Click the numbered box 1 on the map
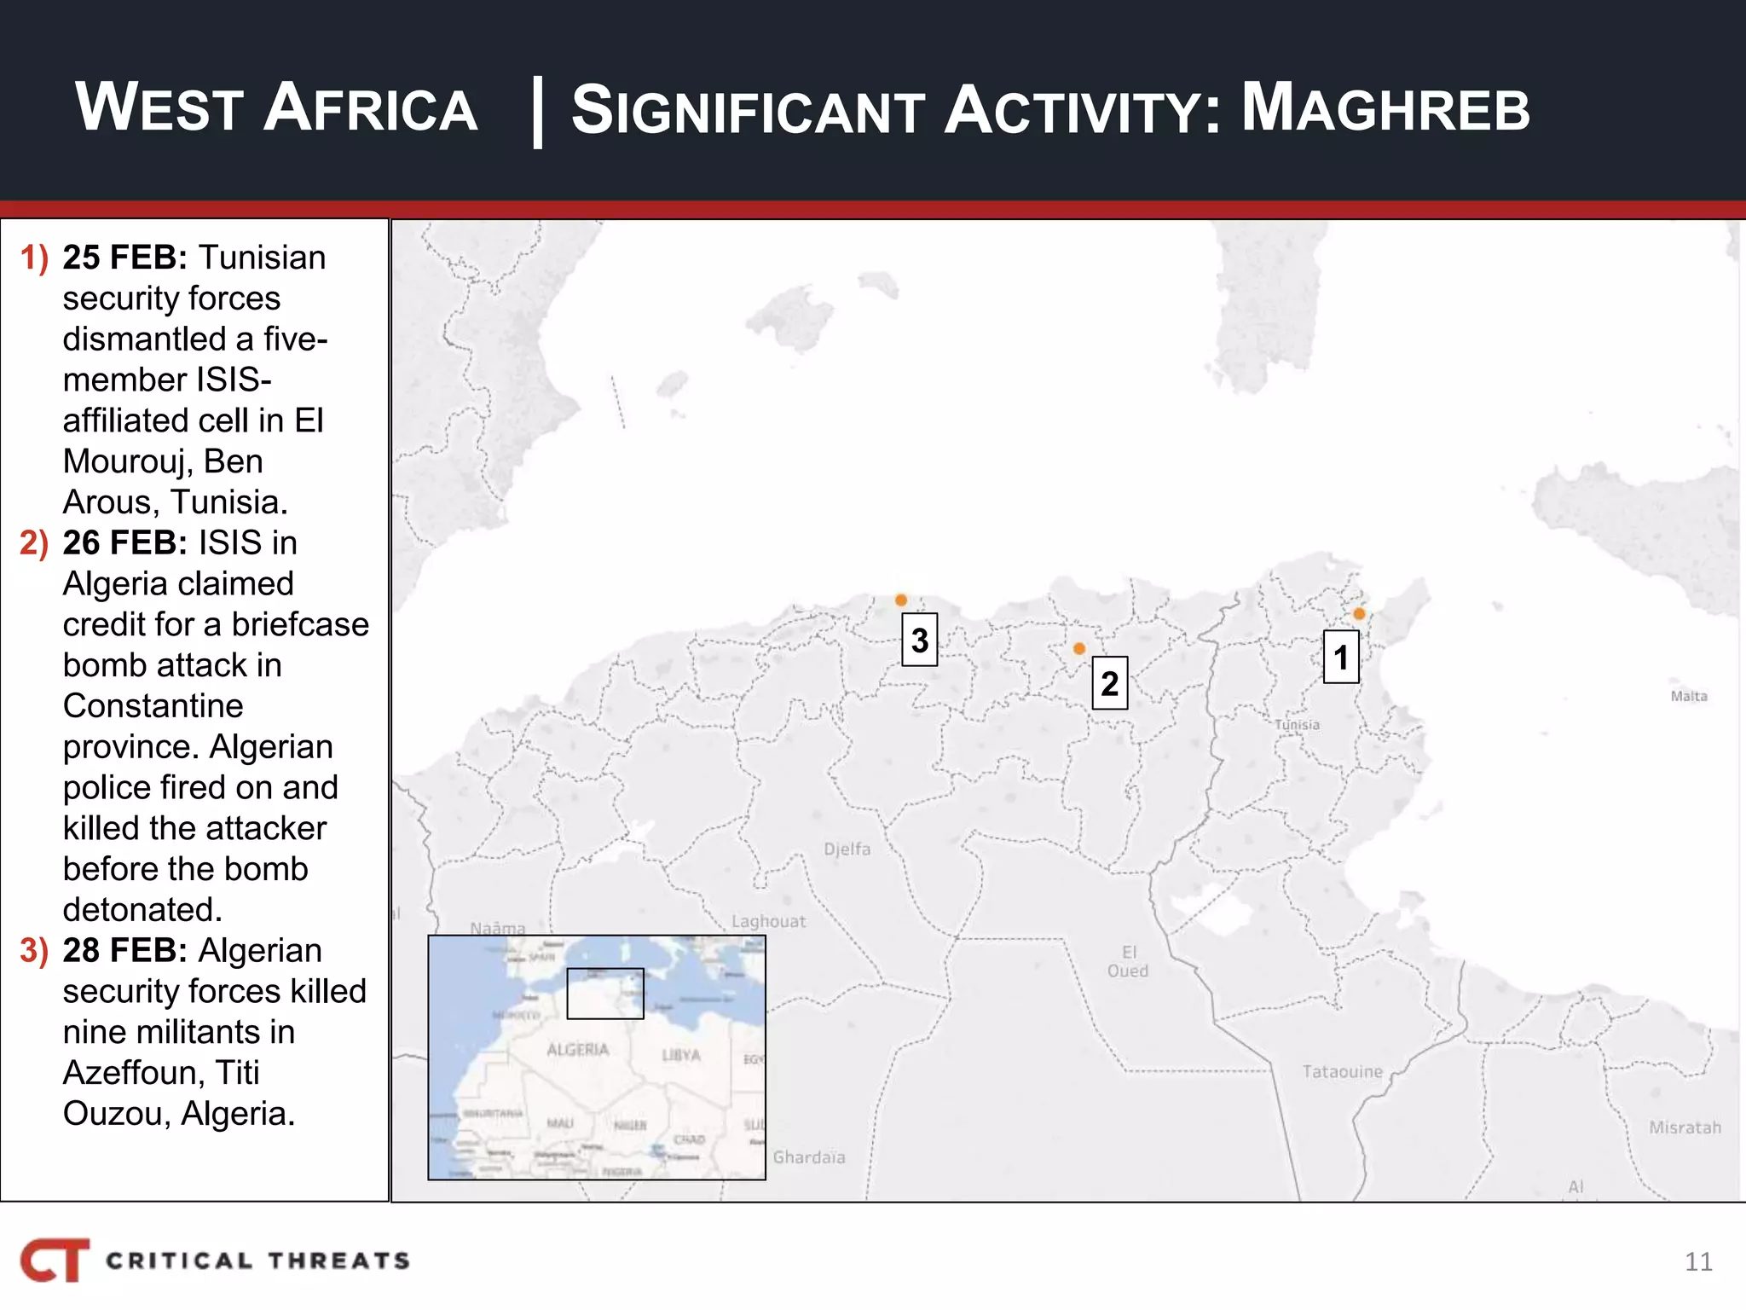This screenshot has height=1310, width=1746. point(1341,657)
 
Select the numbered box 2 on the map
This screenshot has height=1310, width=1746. point(1109,683)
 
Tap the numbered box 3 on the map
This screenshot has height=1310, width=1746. point(919,640)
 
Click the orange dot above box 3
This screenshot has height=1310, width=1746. point(901,600)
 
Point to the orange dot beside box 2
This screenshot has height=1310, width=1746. point(1079,649)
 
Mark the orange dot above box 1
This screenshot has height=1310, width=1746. point(1359,614)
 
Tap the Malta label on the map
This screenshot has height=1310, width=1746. point(1688,697)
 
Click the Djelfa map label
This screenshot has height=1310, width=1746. point(847,849)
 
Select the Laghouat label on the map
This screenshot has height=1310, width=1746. point(768,922)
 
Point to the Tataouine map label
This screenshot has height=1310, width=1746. point(1342,1072)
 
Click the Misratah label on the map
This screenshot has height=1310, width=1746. point(1685,1128)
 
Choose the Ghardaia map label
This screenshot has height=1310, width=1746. point(809,1157)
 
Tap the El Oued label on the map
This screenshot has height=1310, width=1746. point(1128,961)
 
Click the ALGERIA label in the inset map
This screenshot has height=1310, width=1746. point(578,1050)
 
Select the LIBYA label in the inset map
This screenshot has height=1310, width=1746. point(681,1055)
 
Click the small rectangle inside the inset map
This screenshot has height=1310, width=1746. point(605,994)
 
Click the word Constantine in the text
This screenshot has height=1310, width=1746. point(153,706)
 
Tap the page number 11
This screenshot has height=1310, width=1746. point(1698,1262)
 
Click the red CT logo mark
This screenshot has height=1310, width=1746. point(55,1260)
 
